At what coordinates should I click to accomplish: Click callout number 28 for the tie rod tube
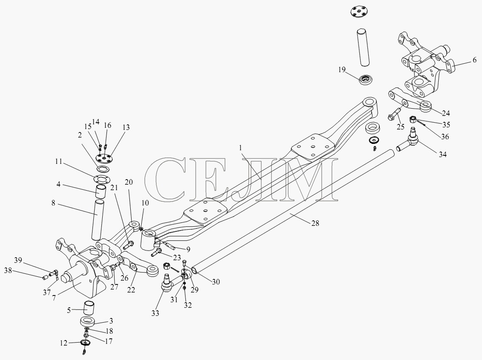point(315,223)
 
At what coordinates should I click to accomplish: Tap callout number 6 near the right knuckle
point(475,60)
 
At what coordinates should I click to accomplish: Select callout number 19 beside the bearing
point(342,70)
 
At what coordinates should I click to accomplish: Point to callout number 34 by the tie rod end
point(443,154)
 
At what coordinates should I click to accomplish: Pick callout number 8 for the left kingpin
point(53,203)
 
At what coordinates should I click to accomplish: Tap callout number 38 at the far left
point(8,270)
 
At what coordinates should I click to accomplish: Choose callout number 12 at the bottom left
point(64,343)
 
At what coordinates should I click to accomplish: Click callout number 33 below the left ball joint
point(155,313)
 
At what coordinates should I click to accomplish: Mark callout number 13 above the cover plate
point(126,127)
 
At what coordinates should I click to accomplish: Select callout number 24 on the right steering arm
point(446,113)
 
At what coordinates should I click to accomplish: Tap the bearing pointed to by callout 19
point(365,80)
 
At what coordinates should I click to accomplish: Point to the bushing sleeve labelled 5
point(90,308)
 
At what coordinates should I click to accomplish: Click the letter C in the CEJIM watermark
point(167,180)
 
